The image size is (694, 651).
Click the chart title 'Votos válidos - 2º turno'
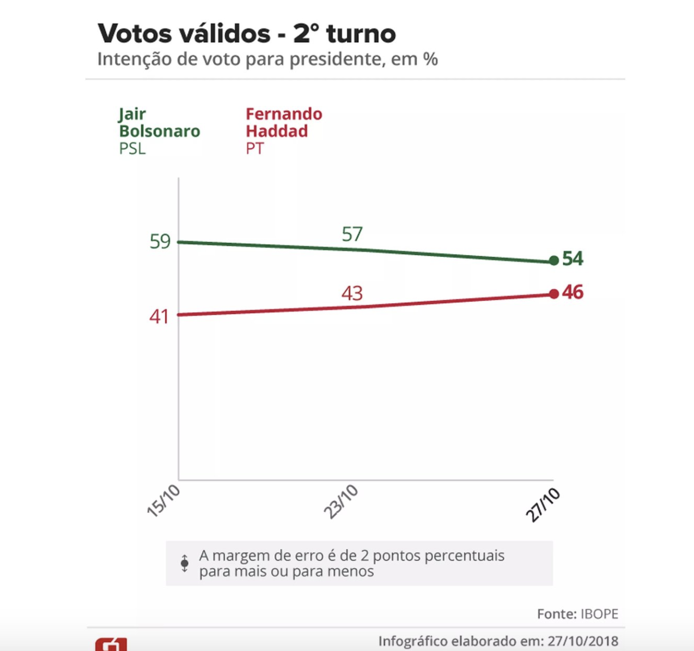click(x=246, y=34)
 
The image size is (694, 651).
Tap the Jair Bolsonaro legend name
click(x=159, y=123)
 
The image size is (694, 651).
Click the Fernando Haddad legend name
click(x=283, y=123)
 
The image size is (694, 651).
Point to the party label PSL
click(x=132, y=149)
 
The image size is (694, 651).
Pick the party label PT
click(x=254, y=149)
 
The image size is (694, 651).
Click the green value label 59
click(x=160, y=242)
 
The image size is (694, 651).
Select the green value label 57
click(x=352, y=234)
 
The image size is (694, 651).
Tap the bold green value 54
click(x=573, y=258)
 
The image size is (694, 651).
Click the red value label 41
click(x=159, y=317)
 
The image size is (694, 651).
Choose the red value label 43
click(x=352, y=294)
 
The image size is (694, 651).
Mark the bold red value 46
click(x=573, y=293)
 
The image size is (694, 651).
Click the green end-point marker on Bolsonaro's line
click(x=554, y=261)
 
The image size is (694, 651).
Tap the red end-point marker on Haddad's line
click(x=554, y=294)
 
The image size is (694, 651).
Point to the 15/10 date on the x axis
click(x=163, y=501)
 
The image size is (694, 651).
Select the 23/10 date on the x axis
click(x=341, y=502)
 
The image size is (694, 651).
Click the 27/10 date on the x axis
click(x=543, y=505)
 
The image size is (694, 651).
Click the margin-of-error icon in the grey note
click(x=185, y=563)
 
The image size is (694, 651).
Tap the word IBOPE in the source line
click(x=599, y=614)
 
